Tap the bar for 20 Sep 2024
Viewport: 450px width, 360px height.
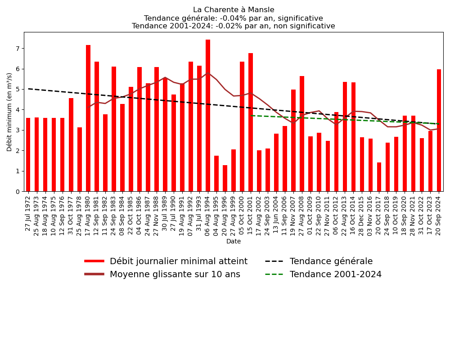tap(439, 130)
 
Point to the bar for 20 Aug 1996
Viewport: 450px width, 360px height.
tap(225, 178)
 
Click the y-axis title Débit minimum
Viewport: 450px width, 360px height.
tap(9, 112)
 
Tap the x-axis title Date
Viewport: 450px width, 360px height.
tap(234, 242)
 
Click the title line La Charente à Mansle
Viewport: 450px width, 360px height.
tap(234, 10)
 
